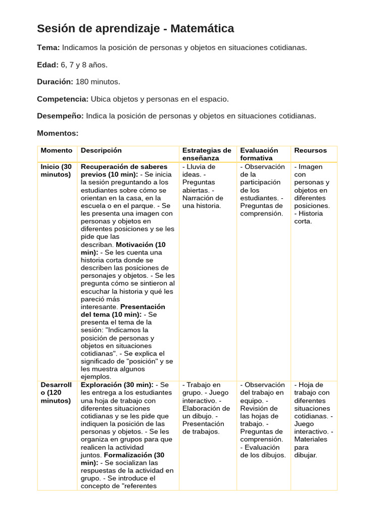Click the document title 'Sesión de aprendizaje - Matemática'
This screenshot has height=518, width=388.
click(x=135, y=29)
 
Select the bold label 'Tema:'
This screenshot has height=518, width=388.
click(x=48, y=48)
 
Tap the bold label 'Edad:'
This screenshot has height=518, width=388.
click(x=47, y=65)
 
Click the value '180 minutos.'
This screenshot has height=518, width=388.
click(x=98, y=82)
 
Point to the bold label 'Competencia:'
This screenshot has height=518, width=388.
click(x=62, y=99)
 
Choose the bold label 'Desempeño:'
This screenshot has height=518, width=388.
click(x=60, y=116)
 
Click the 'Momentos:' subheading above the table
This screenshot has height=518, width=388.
click(x=58, y=133)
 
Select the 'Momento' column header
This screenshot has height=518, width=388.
click(x=57, y=151)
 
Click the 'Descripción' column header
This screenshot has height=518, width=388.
click(x=101, y=151)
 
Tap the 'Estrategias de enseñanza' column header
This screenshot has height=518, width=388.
click(x=207, y=154)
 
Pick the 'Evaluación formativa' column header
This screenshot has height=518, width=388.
click(x=259, y=154)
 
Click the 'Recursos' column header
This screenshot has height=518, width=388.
click(x=310, y=151)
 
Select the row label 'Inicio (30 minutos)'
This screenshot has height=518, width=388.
click(x=56, y=170)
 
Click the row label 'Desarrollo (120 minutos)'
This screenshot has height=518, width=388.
click(x=56, y=393)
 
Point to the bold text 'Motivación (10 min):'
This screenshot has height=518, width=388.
click(x=123, y=248)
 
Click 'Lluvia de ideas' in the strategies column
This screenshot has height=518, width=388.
click(x=200, y=170)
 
